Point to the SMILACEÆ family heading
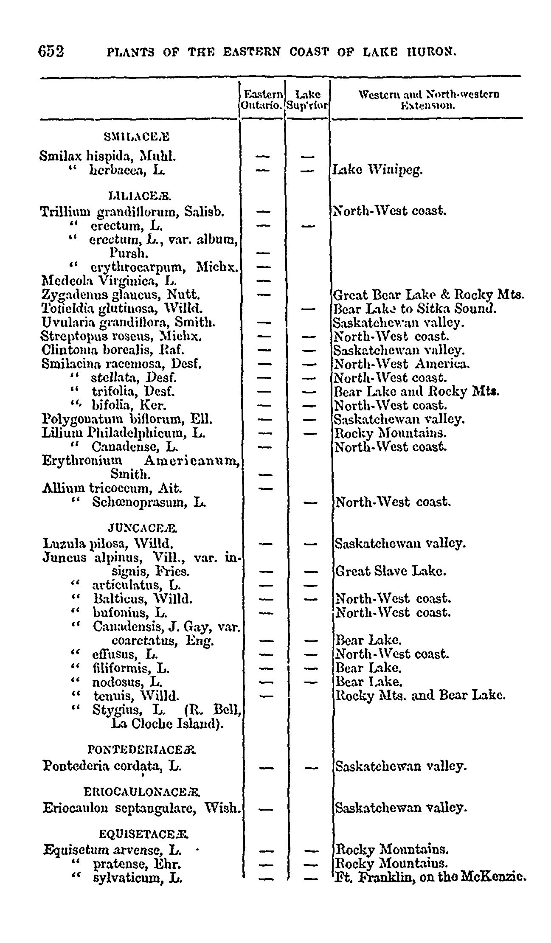click(136, 137)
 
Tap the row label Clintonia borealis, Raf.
click(113, 350)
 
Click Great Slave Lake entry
click(391, 571)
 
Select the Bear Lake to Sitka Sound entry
click(415, 309)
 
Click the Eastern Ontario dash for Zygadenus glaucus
click(264, 295)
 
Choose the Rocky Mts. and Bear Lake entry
click(420, 696)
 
